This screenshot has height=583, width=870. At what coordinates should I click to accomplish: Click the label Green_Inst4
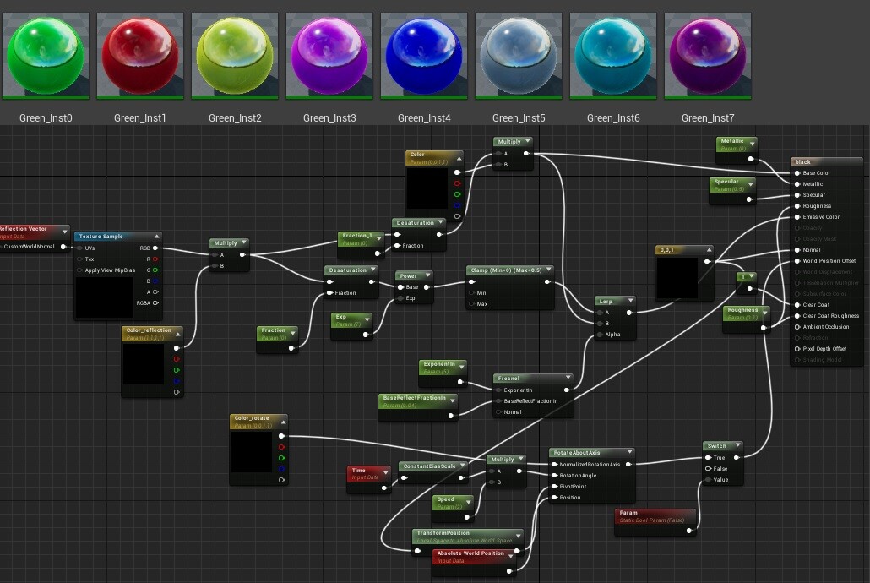click(x=424, y=118)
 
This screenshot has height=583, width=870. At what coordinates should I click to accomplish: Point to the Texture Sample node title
click(x=101, y=237)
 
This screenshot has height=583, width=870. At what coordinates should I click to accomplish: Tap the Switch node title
click(x=717, y=446)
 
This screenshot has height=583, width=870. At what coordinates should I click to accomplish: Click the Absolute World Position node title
click(x=470, y=554)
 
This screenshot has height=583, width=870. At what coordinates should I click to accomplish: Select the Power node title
click(x=411, y=275)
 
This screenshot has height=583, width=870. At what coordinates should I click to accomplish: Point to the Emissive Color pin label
click(x=820, y=217)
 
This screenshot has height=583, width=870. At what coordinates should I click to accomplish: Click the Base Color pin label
click(x=816, y=173)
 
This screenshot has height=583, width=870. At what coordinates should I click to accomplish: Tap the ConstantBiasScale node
click(x=429, y=466)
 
